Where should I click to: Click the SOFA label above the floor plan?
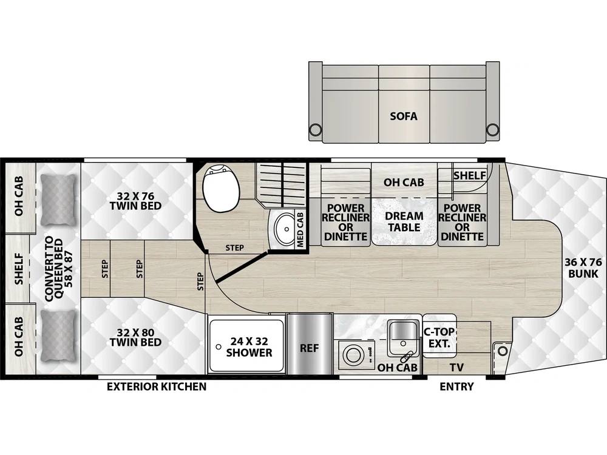[404, 116]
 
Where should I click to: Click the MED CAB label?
[300, 229]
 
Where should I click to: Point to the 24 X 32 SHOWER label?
[249, 347]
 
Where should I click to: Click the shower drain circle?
[219, 347]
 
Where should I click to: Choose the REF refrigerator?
[310, 344]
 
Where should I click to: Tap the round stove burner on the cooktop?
[353, 355]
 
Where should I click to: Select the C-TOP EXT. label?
[439, 337]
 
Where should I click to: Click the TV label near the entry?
[456, 367]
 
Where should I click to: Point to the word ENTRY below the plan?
[456, 386]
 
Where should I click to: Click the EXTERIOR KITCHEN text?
[157, 386]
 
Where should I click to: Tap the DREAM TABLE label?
[404, 221]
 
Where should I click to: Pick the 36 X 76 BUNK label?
[583, 268]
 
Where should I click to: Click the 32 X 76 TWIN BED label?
[135, 200]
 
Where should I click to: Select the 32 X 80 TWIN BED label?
[135, 337]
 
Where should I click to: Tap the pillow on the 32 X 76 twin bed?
[58, 200]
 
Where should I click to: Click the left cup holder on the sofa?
[315, 129]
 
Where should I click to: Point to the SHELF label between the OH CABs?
[19, 269]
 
